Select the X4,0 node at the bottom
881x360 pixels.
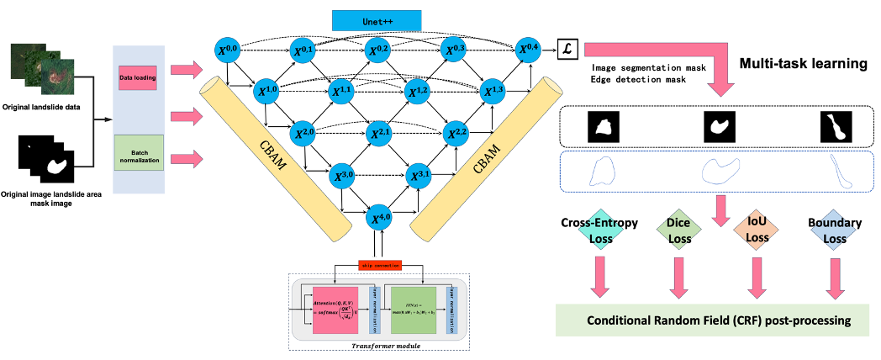[382, 219]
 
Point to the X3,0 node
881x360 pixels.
[345, 176]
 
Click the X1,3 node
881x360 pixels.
[494, 90]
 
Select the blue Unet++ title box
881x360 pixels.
[377, 20]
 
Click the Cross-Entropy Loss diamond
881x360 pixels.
[599, 232]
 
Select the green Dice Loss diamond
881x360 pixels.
[679, 230]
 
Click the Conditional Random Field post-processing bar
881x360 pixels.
[717, 320]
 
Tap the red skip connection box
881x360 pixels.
[380, 265]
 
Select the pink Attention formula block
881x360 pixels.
[342, 309]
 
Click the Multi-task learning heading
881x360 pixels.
[803, 64]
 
